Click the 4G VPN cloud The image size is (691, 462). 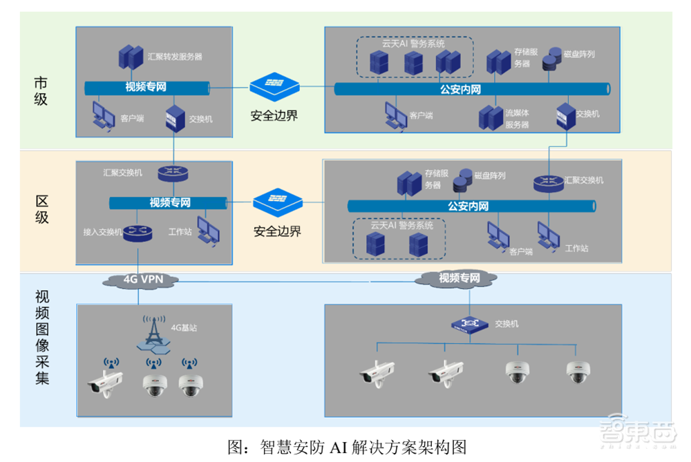click(141, 280)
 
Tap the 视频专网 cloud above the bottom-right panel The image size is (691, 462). click(458, 278)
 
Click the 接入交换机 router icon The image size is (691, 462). click(138, 233)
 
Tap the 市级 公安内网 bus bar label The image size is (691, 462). click(460, 89)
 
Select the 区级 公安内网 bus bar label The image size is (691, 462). click(468, 206)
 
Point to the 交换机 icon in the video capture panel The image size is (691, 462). click(469, 323)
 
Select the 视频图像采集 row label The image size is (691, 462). click(41, 337)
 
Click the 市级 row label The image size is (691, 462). click(41, 90)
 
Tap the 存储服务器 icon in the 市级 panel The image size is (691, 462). click(498, 61)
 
